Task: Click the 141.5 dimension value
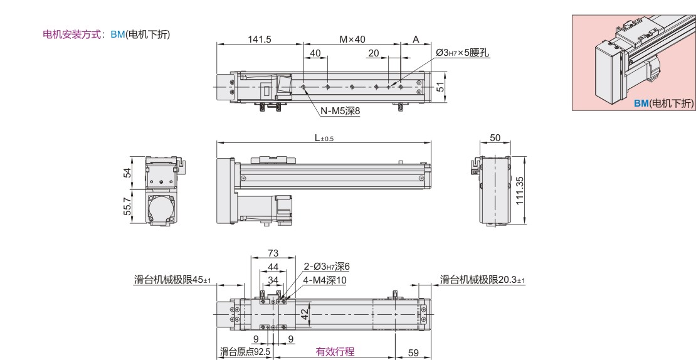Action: click(259, 39)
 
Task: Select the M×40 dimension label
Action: click(352, 39)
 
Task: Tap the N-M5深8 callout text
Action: click(340, 111)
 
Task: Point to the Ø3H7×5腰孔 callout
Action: click(463, 53)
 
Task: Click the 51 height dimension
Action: click(440, 87)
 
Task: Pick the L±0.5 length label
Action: click(324, 138)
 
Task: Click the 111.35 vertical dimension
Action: click(520, 191)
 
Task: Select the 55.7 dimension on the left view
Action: click(127, 206)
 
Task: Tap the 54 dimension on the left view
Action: click(127, 172)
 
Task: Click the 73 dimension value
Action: click(273, 253)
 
